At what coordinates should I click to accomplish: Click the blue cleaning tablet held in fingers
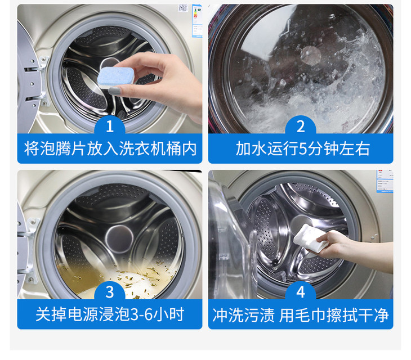point(116,76)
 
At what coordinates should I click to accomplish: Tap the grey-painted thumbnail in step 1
point(114,91)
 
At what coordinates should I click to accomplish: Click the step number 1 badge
point(110,126)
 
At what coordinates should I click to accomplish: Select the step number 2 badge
point(301,126)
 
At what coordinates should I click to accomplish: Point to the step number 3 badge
point(110,291)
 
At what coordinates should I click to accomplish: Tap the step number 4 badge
point(301,291)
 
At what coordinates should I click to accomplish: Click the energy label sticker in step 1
point(197,21)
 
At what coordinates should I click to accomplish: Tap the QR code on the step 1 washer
point(183,8)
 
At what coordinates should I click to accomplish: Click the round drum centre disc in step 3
point(119,238)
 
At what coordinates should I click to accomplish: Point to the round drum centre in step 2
point(311,55)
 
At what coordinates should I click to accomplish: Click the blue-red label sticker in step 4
point(385,182)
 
